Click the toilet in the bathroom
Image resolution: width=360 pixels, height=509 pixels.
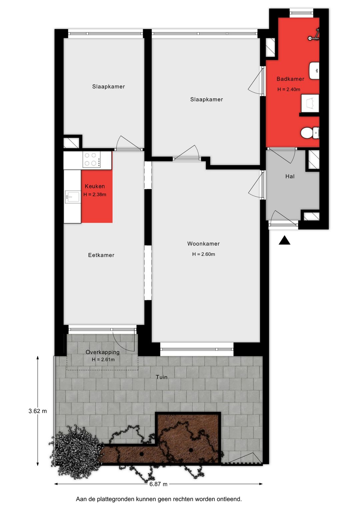(x=309, y=133)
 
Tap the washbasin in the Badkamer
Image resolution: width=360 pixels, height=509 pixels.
(x=314, y=70)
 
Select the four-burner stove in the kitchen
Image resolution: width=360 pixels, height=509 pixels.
(x=92, y=160)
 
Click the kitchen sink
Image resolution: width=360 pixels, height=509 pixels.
(x=72, y=197)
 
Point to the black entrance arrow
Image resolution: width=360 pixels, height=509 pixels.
(x=284, y=240)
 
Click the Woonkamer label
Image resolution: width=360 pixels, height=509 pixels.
(x=203, y=244)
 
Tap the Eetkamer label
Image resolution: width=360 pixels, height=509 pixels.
(x=101, y=255)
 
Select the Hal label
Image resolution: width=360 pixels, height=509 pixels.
(x=290, y=176)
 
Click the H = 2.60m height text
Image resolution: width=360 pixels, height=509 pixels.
(x=203, y=254)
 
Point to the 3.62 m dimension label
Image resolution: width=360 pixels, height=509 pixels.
(x=38, y=411)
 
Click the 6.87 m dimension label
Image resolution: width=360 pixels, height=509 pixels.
(x=158, y=484)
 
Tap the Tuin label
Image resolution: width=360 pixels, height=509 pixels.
(x=162, y=377)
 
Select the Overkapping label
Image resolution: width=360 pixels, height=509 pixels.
(x=102, y=352)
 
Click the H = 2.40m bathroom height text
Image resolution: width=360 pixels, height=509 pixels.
(x=289, y=89)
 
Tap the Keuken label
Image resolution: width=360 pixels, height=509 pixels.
(x=95, y=186)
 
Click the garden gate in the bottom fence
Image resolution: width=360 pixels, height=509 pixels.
(x=242, y=459)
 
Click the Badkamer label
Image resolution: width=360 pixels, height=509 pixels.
(x=290, y=79)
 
